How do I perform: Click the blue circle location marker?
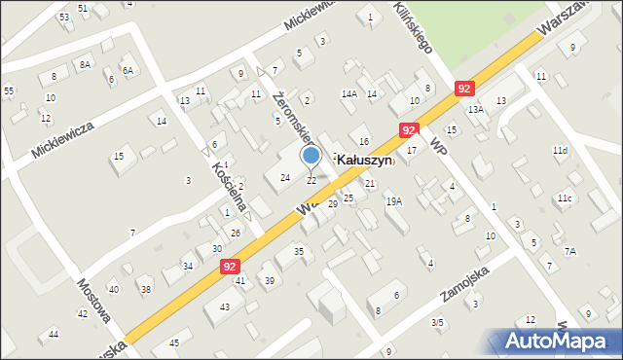(311, 155)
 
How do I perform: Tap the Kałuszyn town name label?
(364, 160)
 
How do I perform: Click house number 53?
(63, 18)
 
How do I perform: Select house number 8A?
(85, 64)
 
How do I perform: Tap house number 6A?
(127, 71)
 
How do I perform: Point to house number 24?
(284, 178)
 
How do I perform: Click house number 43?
(225, 306)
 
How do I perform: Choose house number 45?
(174, 343)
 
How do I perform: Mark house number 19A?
(394, 201)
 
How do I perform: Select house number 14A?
(348, 94)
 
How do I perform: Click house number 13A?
(475, 110)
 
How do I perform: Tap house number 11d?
(559, 151)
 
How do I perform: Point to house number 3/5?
(438, 322)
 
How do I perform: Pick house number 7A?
(570, 251)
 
